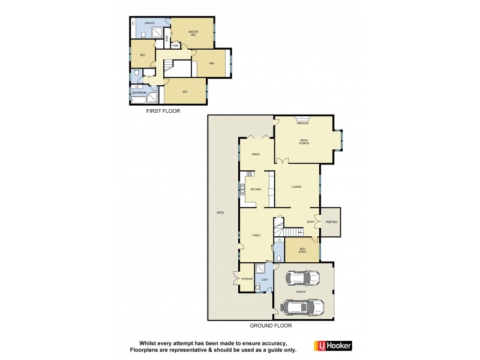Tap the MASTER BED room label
click(x=193, y=33)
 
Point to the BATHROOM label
click(x=139, y=92)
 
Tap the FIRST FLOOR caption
click(x=163, y=111)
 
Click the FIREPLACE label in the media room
click(x=302, y=123)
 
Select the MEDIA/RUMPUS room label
click(x=304, y=142)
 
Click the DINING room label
click(x=256, y=155)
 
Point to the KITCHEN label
click(x=256, y=190)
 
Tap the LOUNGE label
click(x=296, y=187)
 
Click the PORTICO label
click(x=331, y=222)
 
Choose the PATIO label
click(x=220, y=213)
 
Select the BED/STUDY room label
click(x=302, y=251)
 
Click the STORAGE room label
click(x=247, y=278)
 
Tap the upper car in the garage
click(x=304, y=278)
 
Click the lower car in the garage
click(x=304, y=307)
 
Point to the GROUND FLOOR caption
click(x=271, y=326)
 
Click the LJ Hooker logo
click(x=333, y=346)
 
